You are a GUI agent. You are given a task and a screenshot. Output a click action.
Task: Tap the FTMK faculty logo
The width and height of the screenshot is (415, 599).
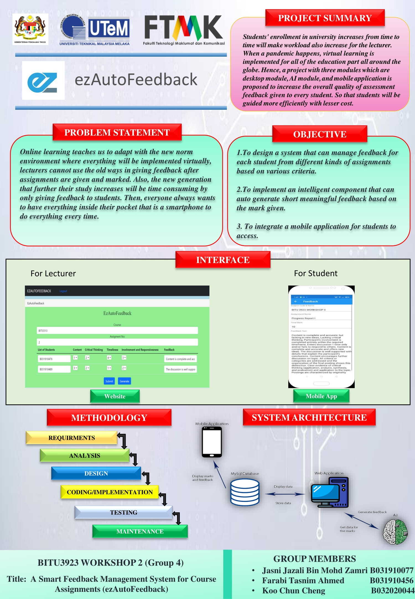click(184, 29)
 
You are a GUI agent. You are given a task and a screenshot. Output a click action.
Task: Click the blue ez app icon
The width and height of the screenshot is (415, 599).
click(43, 80)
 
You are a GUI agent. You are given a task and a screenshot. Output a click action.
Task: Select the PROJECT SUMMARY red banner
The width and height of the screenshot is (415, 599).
click(325, 18)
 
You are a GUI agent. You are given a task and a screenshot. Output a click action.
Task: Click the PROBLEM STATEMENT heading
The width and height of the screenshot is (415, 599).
click(117, 132)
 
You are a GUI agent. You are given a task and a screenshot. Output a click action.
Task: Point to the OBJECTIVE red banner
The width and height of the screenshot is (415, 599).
click(320, 134)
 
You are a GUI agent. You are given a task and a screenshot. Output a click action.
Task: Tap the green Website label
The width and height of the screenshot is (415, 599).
click(115, 396)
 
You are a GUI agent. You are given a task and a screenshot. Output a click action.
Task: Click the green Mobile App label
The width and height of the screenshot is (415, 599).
click(321, 396)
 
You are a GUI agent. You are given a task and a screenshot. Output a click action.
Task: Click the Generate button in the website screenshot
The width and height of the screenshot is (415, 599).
click(124, 381)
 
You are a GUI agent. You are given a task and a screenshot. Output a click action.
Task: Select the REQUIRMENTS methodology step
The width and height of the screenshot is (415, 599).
click(72, 438)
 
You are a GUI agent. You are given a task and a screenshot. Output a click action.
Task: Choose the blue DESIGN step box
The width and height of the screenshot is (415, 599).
click(96, 473)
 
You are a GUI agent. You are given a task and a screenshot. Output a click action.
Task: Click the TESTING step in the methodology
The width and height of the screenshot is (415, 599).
click(123, 512)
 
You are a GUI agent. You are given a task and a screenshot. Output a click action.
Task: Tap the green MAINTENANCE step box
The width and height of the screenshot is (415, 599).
click(140, 531)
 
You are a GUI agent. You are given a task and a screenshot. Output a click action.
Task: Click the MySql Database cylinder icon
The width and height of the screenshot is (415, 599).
click(245, 492)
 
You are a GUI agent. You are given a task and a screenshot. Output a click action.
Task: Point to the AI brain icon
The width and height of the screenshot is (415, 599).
click(395, 532)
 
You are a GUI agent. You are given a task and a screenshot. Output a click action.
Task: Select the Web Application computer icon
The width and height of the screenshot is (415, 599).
click(330, 492)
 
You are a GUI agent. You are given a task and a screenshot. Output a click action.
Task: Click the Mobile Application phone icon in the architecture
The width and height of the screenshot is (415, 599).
click(212, 442)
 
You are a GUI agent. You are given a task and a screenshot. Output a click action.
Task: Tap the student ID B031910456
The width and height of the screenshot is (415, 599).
click(391, 580)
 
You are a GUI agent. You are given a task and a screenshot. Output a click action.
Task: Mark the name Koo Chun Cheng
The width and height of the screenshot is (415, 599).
click(294, 590)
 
